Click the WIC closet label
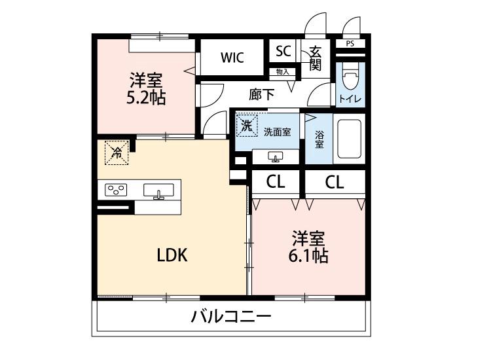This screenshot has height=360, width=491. pos(232,58)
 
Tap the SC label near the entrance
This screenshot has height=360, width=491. pos(283,51)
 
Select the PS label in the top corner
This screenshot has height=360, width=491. pos(350,44)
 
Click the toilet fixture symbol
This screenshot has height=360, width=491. pos(350,79)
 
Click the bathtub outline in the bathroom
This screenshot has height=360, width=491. pos(348,140)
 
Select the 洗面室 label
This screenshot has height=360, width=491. pos(277,132)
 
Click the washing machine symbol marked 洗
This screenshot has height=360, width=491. pos(246,125)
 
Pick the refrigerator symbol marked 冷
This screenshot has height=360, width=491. pos(117,153)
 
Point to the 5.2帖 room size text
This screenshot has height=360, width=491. pos(145,99)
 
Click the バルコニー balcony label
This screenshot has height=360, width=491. pos(230,318)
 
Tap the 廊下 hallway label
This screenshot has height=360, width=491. pos(261,95)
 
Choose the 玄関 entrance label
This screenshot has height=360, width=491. pos(316,58)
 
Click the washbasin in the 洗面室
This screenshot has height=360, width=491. pos(275,156)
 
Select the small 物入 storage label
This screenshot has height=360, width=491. pos(283,71)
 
